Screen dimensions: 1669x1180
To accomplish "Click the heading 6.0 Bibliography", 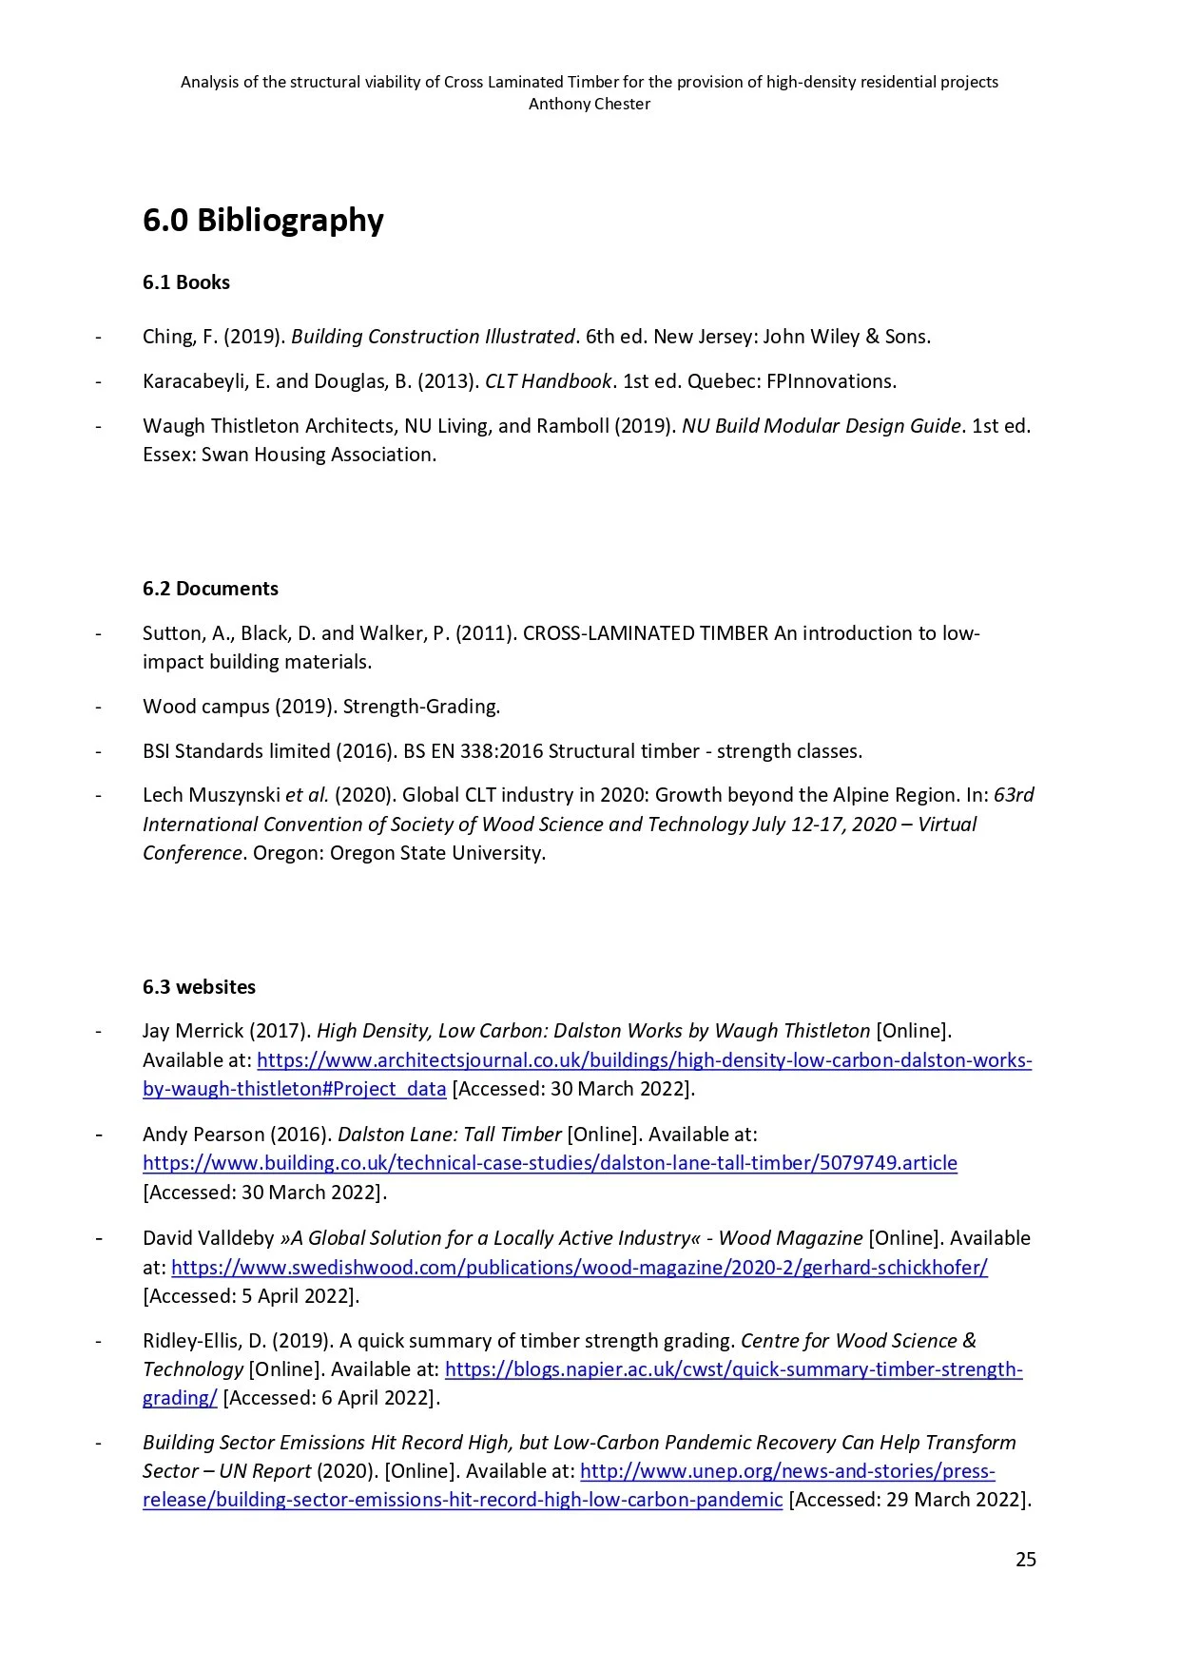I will pos(262,221).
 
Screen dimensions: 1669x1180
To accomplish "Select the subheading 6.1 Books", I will pos(186,282).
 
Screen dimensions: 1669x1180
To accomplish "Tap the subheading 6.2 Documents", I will pos(210,589).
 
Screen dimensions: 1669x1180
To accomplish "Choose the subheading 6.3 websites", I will pos(199,987).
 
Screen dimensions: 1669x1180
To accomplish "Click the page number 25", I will pos(1025,1560).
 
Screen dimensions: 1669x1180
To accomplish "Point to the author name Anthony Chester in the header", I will pos(590,104).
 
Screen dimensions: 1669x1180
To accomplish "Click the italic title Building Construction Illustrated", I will pos(433,337).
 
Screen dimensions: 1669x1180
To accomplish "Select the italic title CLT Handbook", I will pos(548,381).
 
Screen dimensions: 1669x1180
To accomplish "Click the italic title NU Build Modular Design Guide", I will pos(821,426).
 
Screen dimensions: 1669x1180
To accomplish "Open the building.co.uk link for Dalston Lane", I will pos(550,1163).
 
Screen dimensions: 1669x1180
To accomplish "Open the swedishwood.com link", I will pos(579,1268).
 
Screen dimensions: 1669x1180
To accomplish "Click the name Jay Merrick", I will pos(193,1031).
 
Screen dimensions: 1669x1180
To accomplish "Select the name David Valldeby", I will pos(208,1238).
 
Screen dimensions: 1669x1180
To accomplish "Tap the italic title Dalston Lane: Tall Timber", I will pos(449,1135).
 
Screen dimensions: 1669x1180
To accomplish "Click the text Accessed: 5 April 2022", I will pos(251,1296).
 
